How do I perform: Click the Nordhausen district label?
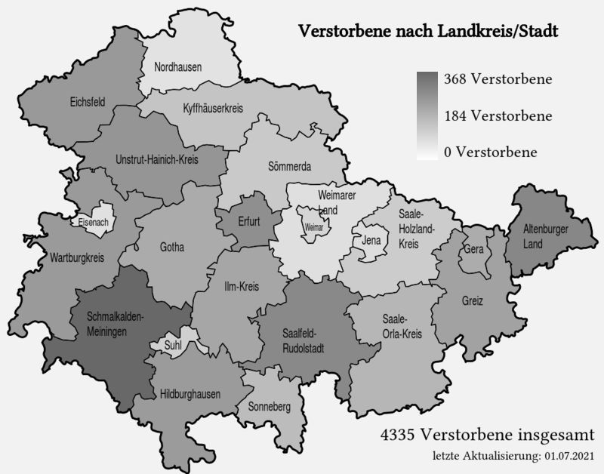(x=178, y=67)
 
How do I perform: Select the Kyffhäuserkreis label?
(x=213, y=109)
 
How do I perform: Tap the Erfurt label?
(x=248, y=222)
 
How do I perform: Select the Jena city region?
(x=370, y=242)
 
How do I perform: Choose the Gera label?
(x=473, y=249)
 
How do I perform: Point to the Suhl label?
(x=172, y=346)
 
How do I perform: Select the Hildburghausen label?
(x=190, y=394)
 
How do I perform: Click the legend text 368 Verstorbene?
(x=498, y=79)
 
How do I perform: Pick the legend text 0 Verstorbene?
(x=491, y=152)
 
